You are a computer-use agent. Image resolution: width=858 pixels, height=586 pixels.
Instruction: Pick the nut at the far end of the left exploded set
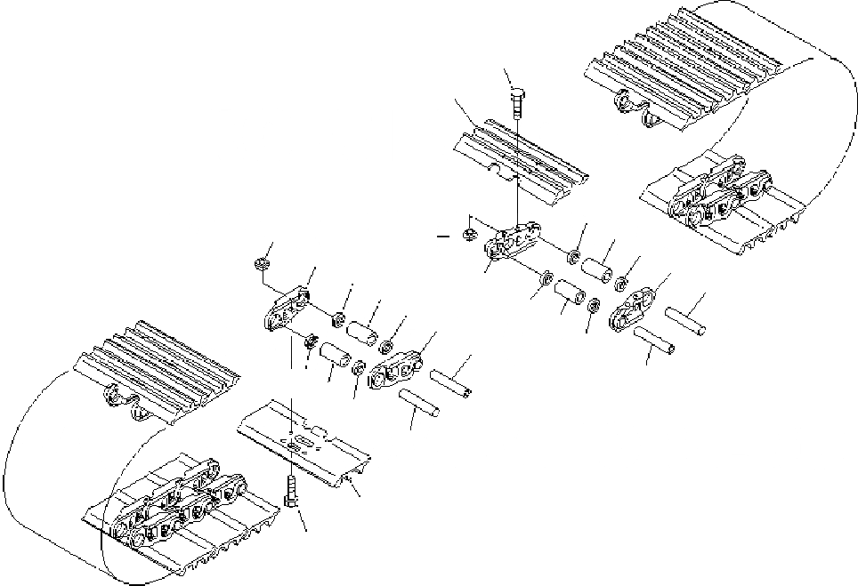coord(261,263)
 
